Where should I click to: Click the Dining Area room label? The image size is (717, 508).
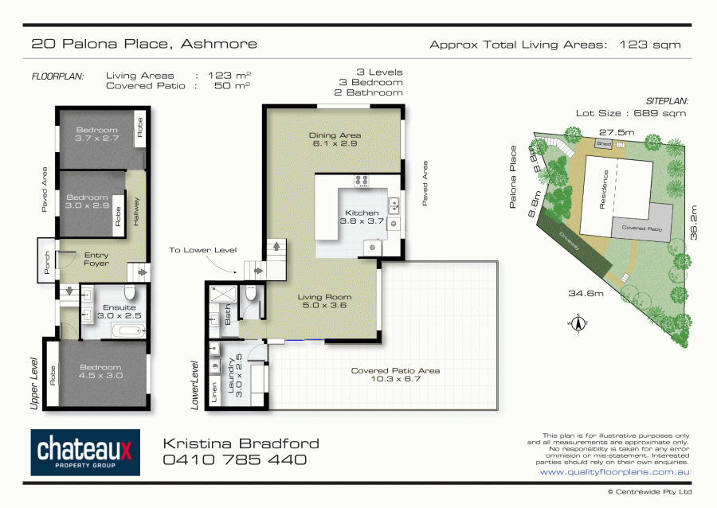[x=334, y=140]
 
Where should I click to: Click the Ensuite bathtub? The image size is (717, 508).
[x=126, y=330]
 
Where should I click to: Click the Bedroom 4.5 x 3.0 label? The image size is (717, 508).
[x=100, y=372]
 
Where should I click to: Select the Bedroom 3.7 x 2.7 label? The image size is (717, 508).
[x=96, y=135]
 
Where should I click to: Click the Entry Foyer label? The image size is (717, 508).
[x=96, y=260]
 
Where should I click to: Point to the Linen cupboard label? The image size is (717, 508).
[x=214, y=392]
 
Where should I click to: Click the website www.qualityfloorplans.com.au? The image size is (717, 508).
[x=614, y=472]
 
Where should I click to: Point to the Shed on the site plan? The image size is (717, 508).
[x=603, y=144]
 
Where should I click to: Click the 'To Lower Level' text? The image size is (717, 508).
[x=202, y=250]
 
